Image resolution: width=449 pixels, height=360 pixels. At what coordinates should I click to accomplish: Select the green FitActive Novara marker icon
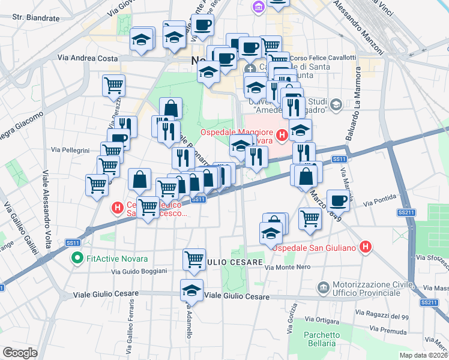(77, 259)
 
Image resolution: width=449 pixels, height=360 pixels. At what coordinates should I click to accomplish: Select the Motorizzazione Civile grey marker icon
(324, 288)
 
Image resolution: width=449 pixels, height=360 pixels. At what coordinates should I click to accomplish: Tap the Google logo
(20, 352)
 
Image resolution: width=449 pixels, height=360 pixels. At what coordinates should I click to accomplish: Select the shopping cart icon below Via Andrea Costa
(113, 86)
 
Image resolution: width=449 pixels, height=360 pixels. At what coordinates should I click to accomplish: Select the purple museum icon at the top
(259, 7)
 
